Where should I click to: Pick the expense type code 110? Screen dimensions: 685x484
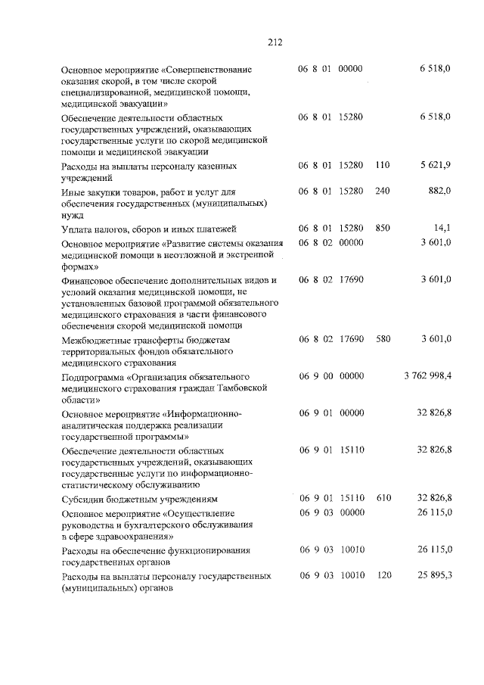click(382, 165)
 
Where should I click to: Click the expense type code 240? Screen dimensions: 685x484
click(382, 191)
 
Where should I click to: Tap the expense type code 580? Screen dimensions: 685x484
click(382, 340)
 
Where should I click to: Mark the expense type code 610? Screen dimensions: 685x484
click(382, 499)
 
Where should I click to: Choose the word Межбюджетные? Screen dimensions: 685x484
click(96, 341)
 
